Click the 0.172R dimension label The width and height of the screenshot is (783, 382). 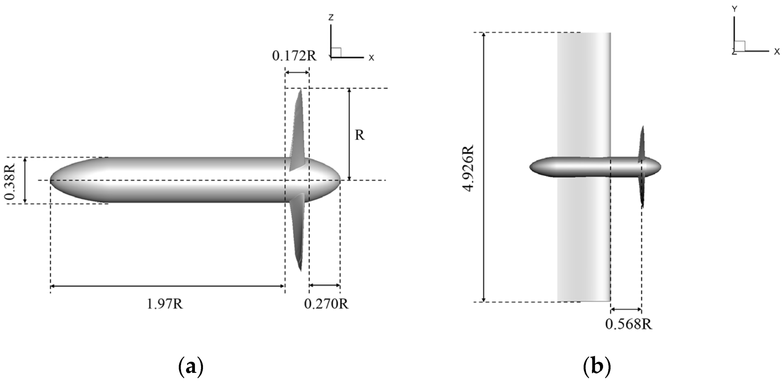(294, 56)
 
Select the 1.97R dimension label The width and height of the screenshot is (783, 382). (165, 304)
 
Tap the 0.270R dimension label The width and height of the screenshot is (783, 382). (326, 304)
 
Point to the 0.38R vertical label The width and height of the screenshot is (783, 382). (11, 180)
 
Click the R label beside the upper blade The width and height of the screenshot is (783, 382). (359, 135)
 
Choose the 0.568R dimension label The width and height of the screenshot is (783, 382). (629, 324)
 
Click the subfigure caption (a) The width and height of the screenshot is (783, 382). (191, 367)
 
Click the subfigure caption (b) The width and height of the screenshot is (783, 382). (597, 367)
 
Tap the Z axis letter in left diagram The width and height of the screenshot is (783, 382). (331, 17)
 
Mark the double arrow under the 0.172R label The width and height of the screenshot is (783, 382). (297, 72)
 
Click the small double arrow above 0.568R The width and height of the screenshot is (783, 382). (626, 309)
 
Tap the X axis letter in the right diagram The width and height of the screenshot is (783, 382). (776, 52)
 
